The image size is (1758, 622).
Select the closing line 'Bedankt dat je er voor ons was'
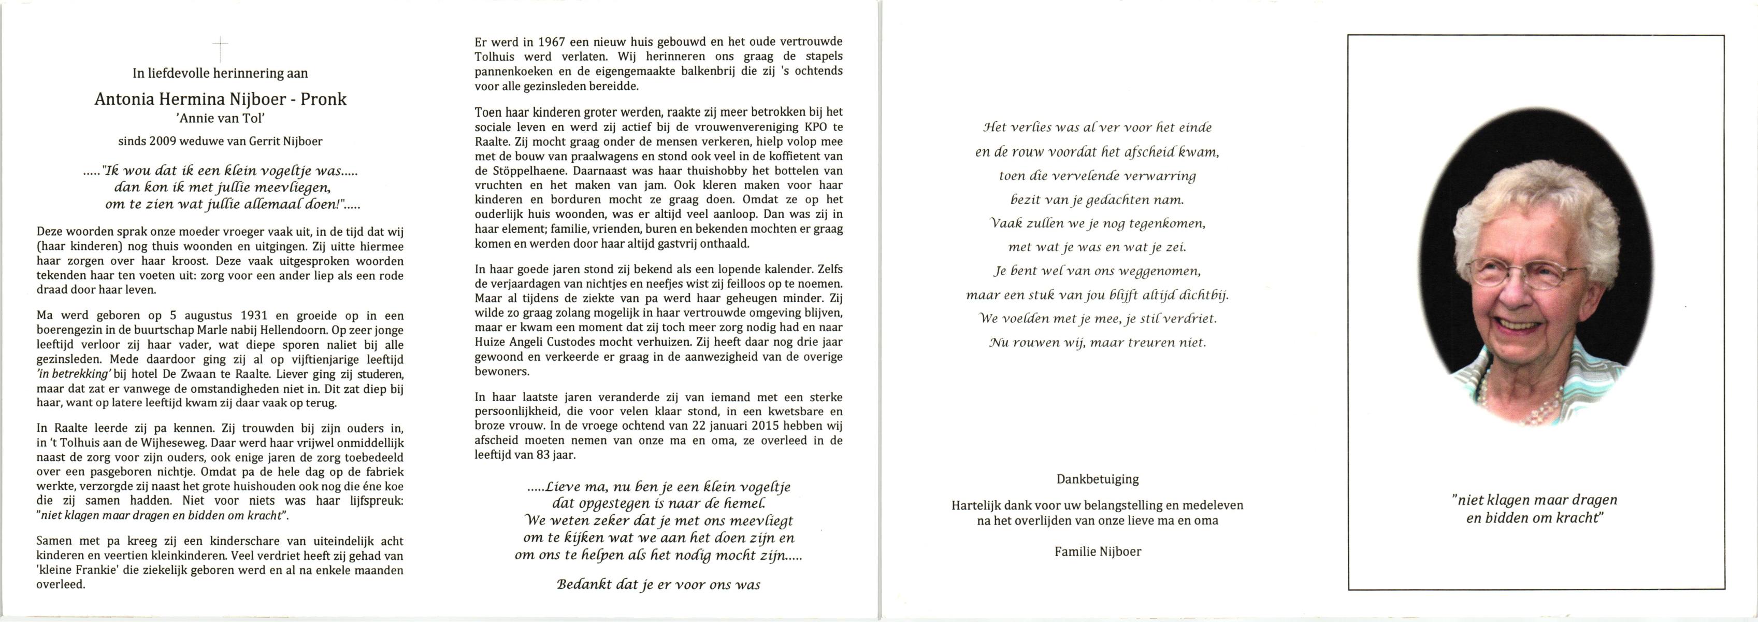658,585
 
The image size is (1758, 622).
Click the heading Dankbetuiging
1098,479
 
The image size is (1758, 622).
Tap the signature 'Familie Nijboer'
1098,552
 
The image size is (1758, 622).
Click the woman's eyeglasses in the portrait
1528,274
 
